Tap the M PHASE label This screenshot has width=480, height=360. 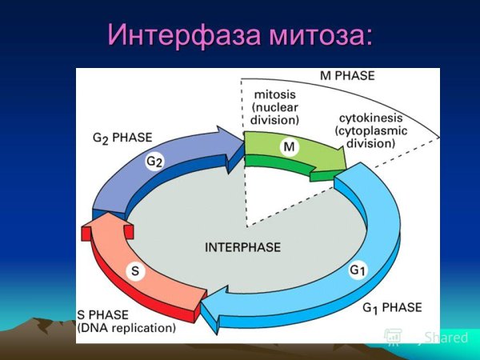coord(347,77)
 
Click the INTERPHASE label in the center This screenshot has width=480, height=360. coord(242,247)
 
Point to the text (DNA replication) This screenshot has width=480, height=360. coord(126,328)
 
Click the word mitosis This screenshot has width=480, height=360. coord(275,94)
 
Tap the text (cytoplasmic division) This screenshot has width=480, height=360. coord(366,137)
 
